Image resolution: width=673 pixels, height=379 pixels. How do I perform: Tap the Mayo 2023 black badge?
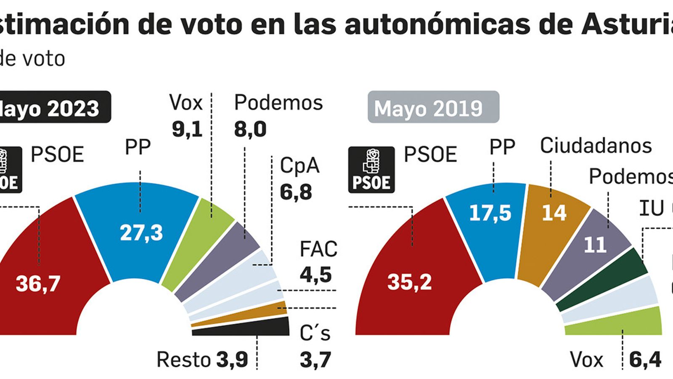[53, 107]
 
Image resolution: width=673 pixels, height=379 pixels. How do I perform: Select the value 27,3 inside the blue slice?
[141, 232]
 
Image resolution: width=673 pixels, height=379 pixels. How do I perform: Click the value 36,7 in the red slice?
[38, 283]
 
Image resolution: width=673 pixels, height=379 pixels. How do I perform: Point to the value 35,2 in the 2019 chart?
[409, 281]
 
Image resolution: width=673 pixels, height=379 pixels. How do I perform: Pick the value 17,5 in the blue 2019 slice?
[490, 213]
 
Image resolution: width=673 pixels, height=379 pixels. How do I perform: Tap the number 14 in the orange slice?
[554, 213]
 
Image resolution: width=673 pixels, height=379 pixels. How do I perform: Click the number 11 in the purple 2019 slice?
[595, 245]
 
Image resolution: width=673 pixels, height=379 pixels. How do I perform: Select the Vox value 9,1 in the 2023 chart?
[187, 129]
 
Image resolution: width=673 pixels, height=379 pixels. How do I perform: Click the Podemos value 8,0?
[250, 129]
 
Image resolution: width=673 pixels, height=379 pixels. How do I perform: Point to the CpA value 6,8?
[296, 192]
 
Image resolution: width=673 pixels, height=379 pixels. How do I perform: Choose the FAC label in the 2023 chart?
[318, 249]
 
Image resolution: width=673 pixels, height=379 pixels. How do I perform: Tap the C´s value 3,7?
[315, 360]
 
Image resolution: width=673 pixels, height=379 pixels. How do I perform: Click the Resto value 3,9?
[232, 360]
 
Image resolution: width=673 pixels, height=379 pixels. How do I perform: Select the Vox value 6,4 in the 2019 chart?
[645, 360]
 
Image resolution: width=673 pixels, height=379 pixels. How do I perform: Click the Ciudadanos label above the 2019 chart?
[596, 146]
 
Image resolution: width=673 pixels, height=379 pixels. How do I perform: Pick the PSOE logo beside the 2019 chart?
[371, 170]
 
